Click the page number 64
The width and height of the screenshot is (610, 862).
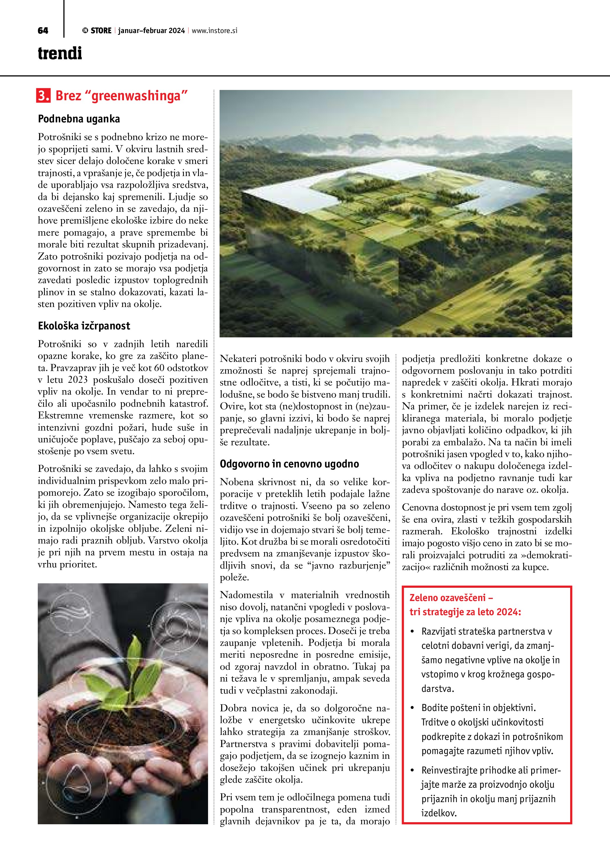[43, 31]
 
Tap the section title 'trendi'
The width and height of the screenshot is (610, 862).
[60, 53]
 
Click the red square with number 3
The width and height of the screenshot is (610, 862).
[43, 96]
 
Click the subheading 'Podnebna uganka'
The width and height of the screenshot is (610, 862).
[79, 119]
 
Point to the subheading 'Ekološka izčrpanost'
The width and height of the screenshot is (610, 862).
[84, 326]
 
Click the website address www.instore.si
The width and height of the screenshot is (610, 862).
[215, 31]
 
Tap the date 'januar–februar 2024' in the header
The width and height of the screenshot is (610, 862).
[151, 31]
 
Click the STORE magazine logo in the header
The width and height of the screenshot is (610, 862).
[97, 31]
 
